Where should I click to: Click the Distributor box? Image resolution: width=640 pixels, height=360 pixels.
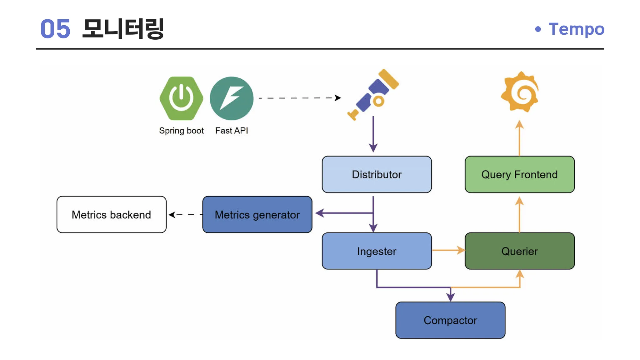(377, 174)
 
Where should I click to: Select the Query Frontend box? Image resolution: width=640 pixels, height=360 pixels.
(519, 174)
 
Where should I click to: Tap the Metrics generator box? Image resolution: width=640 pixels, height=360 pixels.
(257, 214)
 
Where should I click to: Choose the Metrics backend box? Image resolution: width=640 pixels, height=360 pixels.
(112, 214)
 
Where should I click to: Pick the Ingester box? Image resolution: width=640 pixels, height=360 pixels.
(377, 251)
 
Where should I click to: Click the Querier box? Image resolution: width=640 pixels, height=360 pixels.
(519, 251)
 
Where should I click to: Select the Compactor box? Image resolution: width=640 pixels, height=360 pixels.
(450, 320)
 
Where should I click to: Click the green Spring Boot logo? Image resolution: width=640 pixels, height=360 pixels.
(181, 98)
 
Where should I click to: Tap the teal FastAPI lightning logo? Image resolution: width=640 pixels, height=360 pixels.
(232, 98)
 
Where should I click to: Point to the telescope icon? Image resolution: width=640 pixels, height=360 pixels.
(373, 94)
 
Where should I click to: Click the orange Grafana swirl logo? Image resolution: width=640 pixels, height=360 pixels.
(520, 92)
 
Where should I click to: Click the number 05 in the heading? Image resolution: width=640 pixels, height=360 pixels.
(56, 29)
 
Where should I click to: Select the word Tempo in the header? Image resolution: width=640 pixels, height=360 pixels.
(576, 29)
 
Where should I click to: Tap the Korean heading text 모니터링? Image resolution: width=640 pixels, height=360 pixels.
(123, 29)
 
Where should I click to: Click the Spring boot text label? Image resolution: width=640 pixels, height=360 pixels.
(181, 131)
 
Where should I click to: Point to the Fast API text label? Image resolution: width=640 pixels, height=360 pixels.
(232, 130)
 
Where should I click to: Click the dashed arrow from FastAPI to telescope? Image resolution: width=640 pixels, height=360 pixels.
(300, 98)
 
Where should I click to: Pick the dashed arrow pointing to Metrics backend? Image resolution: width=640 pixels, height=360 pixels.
(185, 214)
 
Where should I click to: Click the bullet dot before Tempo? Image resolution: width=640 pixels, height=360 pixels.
(538, 29)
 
